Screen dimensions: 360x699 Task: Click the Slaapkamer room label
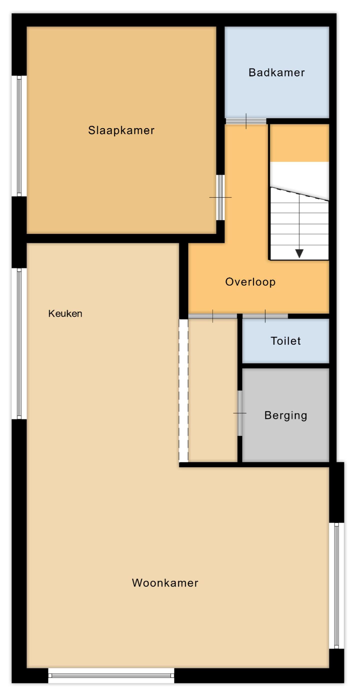click(121, 130)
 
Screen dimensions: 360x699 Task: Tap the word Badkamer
click(277, 72)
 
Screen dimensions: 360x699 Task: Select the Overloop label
click(250, 282)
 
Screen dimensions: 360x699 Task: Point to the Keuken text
click(65, 313)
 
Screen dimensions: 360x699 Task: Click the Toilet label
click(286, 341)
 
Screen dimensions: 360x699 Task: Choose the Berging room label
click(286, 416)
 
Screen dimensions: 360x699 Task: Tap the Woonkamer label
click(165, 582)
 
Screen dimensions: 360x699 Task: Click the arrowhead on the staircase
click(300, 253)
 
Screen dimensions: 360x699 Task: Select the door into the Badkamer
click(246, 121)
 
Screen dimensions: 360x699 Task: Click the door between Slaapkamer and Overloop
click(221, 198)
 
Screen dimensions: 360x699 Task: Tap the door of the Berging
click(240, 413)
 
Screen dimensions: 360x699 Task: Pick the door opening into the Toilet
click(265, 316)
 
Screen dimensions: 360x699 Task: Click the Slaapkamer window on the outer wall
click(19, 136)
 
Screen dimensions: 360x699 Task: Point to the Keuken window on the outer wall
click(19, 343)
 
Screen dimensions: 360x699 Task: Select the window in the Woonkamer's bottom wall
click(111, 676)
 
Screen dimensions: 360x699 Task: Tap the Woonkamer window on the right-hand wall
click(337, 586)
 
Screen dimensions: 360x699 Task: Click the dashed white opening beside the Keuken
click(183, 390)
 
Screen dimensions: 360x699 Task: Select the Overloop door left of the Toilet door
click(213, 316)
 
